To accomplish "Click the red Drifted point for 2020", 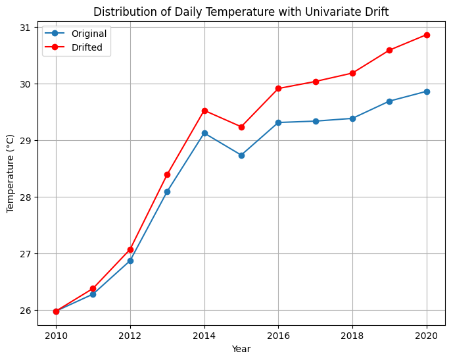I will pyautogui.click(x=427, y=35).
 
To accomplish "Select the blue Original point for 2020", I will pyautogui.click(x=427, y=91).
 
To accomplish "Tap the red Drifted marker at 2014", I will pyautogui.click(x=204, y=111).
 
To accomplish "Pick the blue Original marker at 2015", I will pyautogui.click(x=241, y=155).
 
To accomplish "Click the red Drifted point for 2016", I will pyautogui.click(x=278, y=88).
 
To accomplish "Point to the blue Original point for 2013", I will pyautogui.click(x=167, y=192).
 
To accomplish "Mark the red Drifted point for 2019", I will pyautogui.click(x=389, y=50).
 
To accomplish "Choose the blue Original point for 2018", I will pyautogui.click(x=352, y=118).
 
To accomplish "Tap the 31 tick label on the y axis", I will pyautogui.click(x=26, y=28).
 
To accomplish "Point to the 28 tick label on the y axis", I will pyautogui.click(x=26, y=197).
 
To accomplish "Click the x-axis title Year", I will pyautogui.click(x=241, y=349).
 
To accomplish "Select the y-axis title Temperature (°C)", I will pyautogui.click(x=10, y=174).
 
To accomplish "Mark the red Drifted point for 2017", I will pyautogui.click(x=316, y=82).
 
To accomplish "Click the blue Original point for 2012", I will pyautogui.click(x=130, y=261).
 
